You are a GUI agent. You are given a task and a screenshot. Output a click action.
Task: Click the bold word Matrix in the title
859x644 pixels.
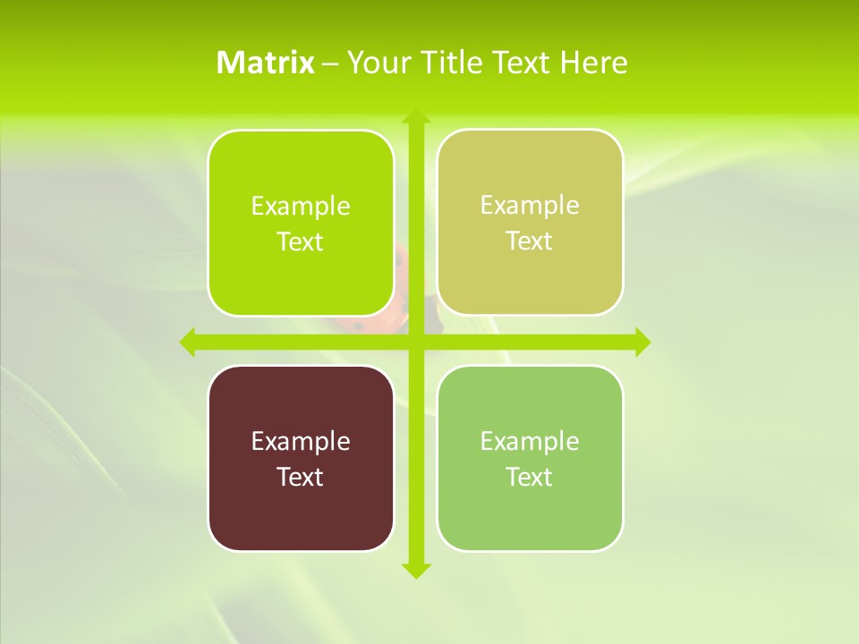coord(266,63)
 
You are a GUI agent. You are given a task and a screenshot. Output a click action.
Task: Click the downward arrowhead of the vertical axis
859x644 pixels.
coord(415,570)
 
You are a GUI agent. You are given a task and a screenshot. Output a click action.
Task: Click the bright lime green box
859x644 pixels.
coord(301,223)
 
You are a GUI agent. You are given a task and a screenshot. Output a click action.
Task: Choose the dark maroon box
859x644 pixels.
coord(301,458)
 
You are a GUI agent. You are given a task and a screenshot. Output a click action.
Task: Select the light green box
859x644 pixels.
coord(530,458)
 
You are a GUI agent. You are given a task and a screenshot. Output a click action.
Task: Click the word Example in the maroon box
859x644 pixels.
coord(301,441)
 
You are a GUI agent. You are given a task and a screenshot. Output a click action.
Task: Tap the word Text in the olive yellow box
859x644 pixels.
coord(530,241)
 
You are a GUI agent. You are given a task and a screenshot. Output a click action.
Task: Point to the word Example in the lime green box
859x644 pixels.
coord(301,206)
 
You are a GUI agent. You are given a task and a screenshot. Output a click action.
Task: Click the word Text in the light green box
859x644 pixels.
coord(530,477)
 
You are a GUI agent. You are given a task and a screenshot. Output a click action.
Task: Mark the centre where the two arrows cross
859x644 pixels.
coord(415,342)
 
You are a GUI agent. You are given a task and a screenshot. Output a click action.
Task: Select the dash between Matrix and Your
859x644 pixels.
coord(330,64)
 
